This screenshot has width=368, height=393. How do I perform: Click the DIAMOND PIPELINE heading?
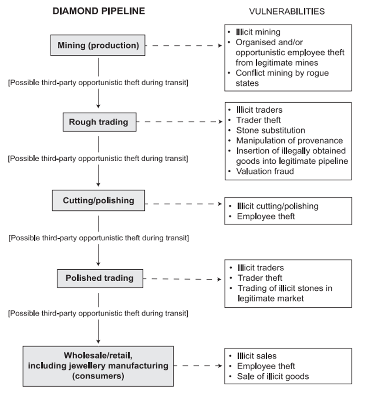(98, 11)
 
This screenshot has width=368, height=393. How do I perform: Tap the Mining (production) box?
(98, 46)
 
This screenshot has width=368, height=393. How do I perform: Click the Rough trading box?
(98, 122)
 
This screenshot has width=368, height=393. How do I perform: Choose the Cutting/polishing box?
(98, 201)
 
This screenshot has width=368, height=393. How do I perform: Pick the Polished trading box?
(99, 278)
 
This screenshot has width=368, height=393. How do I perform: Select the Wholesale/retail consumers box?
(98, 366)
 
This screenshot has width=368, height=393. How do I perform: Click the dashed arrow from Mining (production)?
(186, 46)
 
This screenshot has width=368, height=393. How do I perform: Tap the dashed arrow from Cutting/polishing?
(184, 203)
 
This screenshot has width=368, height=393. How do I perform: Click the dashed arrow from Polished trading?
(184, 279)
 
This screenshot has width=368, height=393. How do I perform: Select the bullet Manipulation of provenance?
(288, 140)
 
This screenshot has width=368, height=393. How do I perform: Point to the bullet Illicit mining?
(259, 32)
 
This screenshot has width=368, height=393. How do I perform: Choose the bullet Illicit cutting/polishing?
(277, 206)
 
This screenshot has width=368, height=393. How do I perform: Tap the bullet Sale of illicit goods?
(273, 376)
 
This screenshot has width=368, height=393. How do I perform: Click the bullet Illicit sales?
(257, 356)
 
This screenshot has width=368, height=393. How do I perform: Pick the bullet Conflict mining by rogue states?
(282, 78)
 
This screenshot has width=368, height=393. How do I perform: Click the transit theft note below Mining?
(98, 82)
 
